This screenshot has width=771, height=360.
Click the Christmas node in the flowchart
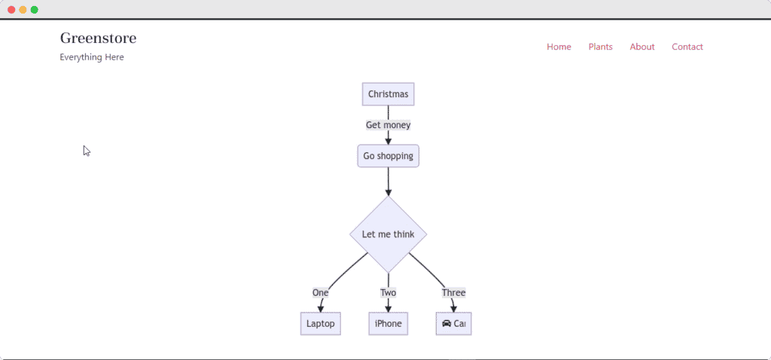pos(388,94)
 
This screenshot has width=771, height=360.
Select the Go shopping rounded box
pos(388,156)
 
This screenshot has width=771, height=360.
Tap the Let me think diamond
pos(388,234)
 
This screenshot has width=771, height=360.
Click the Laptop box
pos(321,324)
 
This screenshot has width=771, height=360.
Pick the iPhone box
pos(388,324)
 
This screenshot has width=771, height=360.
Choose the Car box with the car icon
pos(453,324)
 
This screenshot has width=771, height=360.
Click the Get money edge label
pos(388,125)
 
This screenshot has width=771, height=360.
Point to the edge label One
pos(321,293)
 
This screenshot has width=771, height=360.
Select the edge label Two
pos(388,293)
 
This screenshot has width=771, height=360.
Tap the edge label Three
pos(453,293)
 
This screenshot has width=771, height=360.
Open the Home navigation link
pos(559,47)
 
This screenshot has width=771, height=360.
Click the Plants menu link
pos(600,47)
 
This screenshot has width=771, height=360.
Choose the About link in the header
pos(642,47)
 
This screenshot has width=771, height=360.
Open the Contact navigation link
pos(687,47)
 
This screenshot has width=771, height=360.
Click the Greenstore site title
pos(98,38)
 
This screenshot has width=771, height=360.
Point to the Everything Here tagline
pos(92,57)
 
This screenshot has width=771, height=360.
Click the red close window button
pos(11,10)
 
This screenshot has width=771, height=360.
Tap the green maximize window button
pos(35,10)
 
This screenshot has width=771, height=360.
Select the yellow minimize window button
pos(23,10)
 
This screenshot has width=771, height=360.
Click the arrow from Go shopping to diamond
pos(388,182)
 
